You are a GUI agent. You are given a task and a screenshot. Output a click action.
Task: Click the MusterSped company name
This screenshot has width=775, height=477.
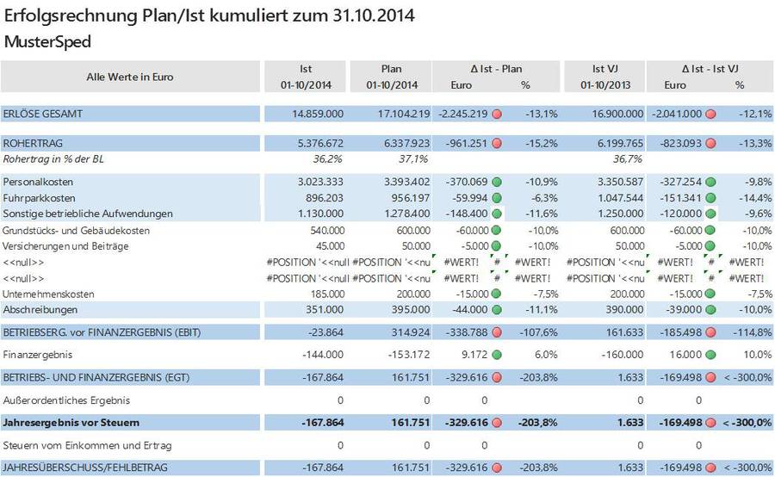coord(48,41)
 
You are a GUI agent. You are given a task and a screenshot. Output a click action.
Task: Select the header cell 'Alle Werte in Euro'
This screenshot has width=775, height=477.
coord(130,77)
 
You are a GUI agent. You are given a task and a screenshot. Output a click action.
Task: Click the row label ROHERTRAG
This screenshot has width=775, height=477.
coord(33,143)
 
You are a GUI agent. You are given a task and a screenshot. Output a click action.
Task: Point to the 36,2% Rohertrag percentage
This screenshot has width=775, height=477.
coord(328,159)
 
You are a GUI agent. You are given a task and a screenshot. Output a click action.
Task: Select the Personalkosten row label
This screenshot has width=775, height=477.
coord(39,182)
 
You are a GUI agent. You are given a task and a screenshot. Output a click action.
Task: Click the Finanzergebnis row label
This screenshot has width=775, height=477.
coord(38,354)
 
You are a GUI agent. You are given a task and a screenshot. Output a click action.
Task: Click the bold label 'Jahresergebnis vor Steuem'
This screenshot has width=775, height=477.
coord(71,423)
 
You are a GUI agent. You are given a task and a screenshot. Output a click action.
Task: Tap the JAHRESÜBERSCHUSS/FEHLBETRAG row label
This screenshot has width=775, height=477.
coord(84,468)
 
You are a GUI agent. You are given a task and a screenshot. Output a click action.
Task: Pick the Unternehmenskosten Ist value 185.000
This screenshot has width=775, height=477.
coord(327,294)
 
